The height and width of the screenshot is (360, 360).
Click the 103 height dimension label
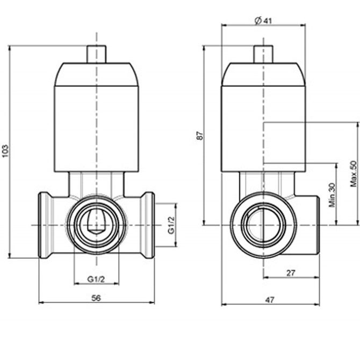tap(5, 151)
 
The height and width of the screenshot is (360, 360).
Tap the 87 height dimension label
tap(200, 135)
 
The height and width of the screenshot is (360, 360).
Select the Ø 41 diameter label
tap(263, 20)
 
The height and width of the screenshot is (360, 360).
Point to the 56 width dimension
tap(96, 298)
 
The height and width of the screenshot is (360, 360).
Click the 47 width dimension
tap(270, 300)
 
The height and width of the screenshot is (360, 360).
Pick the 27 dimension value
tap(291, 273)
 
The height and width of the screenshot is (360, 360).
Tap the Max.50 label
tap(354, 174)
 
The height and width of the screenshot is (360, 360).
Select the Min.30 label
tap(332, 195)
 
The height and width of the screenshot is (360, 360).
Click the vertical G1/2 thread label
tap(171, 225)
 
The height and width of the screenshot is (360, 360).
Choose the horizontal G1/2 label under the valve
tap(96, 279)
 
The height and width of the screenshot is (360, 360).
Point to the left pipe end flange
tap(44, 225)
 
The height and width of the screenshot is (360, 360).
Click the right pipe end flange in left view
tap(148, 225)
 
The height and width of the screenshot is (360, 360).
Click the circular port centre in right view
tap(263, 225)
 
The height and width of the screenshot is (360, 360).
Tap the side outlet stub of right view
tap(307, 225)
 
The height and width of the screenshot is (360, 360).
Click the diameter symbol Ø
tap(258, 20)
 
